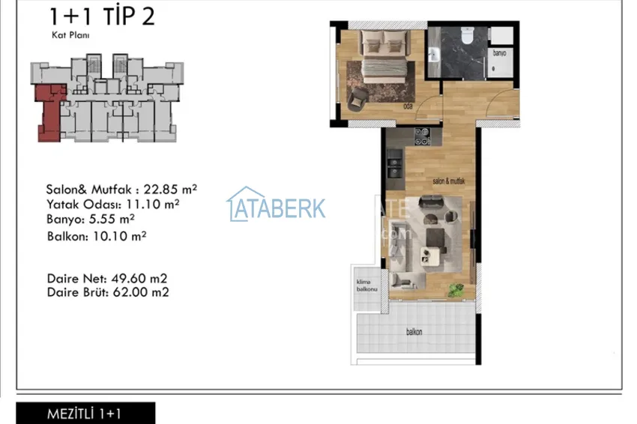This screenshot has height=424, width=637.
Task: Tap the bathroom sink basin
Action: tap(435, 52)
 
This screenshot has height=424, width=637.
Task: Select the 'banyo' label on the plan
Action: tap(499, 53)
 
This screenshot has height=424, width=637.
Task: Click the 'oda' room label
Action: tap(408, 106)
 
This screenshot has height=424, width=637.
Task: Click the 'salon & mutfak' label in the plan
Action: tap(450, 181)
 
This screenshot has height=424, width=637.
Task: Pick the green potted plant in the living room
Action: tap(453, 289)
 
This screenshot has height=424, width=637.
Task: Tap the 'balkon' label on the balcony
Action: tap(414, 332)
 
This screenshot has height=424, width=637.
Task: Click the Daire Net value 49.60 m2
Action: tap(139, 278)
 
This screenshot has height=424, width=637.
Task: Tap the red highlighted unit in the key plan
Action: tap(50, 110)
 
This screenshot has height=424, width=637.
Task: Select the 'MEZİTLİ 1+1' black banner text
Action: tap(84, 414)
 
